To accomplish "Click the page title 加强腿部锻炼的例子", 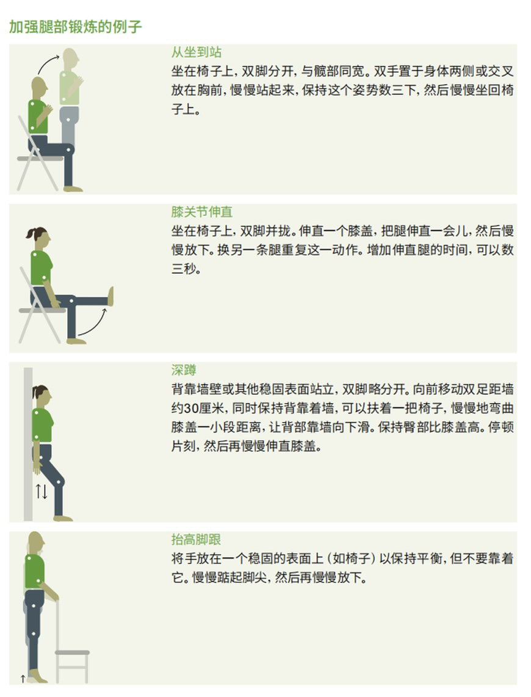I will pyautogui.click(x=76, y=27).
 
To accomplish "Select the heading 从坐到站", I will pyautogui.click(x=196, y=52).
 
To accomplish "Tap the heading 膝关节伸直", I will pyautogui.click(x=201, y=213).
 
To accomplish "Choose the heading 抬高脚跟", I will pyautogui.click(x=196, y=540).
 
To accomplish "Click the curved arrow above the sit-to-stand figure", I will pyautogui.click(x=49, y=61).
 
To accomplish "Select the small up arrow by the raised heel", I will pyautogui.click(x=23, y=677).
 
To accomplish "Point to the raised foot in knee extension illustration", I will pyautogui.click(x=110, y=296).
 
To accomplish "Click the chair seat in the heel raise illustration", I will pyautogui.click(x=72, y=652).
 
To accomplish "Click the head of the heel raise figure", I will pyautogui.click(x=36, y=541).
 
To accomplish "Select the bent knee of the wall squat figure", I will pyautogui.click(x=59, y=482).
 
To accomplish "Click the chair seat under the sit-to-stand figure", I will pyautogui.click(x=39, y=158).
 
